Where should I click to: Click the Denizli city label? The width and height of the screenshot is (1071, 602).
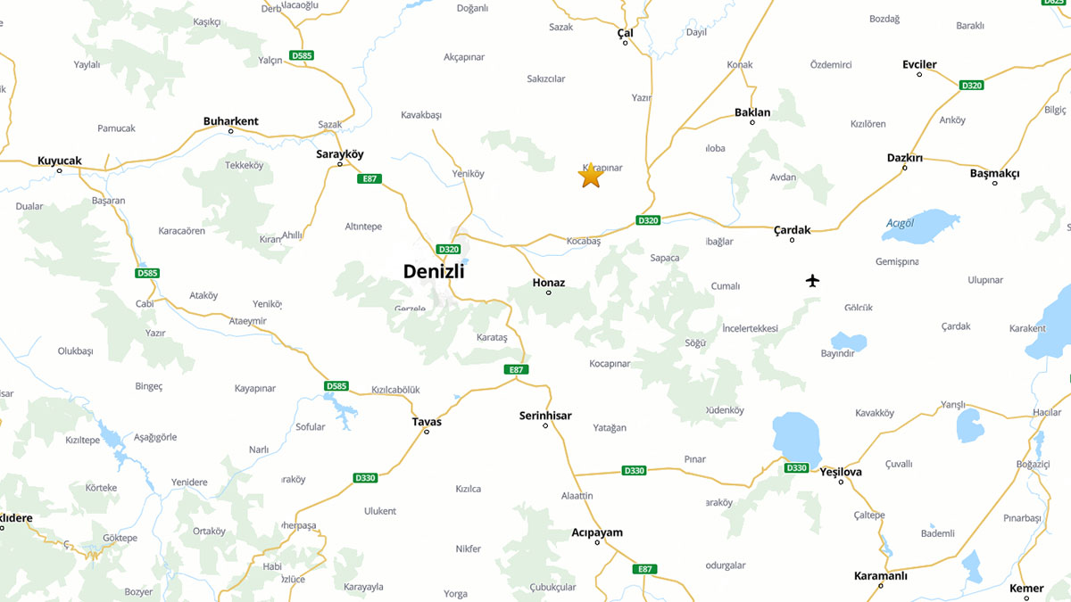pyautogui.click(x=434, y=271)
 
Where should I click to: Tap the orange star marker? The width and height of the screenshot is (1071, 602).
pyautogui.click(x=591, y=176)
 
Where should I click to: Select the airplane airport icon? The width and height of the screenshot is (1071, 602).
pyautogui.click(x=812, y=281)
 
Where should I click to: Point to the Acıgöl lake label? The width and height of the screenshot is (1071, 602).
pyautogui.click(x=901, y=223)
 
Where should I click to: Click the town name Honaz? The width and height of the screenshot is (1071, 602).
pyautogui.click(x=548, y=283)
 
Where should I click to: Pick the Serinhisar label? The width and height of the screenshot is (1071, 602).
pyautogui.click(x=545, y=416)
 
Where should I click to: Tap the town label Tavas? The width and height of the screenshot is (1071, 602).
pyautogui.click(x=427, y=422)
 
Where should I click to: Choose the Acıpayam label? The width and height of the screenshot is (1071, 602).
pyautogui.click(x=597, y=532)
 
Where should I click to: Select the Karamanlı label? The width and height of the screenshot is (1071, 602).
pyautogui.click(x=880, y=575)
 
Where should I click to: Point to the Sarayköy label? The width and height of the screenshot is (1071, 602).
pyautogui.click(x=340, y=154)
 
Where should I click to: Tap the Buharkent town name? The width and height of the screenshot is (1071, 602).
pyautogui.click(x=230, y=121)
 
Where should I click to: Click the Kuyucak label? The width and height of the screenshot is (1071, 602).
pyautogui.click(x=59, y=161)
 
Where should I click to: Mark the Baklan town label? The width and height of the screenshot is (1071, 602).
pyautogui.click(x=751, y=112)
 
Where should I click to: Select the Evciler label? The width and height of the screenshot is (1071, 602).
pyautogui.click(x=919, y=64)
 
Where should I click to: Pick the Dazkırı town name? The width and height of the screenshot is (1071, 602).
pyautogui.click(x=904, y=158)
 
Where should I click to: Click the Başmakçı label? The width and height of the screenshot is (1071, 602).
pyautogui.click(x=994, y=173)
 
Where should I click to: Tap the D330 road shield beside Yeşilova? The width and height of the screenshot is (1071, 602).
pyautogui.click(x=796, y=468)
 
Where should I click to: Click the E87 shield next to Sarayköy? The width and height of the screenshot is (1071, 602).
pyautogui.click(x=369, y=179)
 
